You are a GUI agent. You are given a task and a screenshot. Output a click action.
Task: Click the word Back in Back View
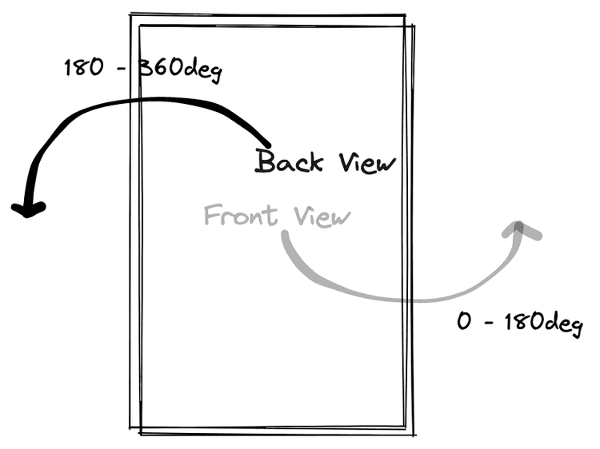click(289, 161)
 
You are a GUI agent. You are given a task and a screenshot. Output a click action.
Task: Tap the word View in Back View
click(367, 163)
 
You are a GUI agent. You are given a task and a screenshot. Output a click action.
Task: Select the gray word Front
click(241, 215)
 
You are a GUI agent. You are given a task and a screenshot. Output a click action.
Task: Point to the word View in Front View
click(322, 217)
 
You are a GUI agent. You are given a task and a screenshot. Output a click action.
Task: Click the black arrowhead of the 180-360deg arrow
click(28, 209)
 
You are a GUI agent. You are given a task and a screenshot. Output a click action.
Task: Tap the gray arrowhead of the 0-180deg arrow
click(521, 230)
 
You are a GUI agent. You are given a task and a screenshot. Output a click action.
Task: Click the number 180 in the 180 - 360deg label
click(84, 68)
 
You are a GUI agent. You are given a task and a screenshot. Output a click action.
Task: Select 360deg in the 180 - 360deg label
click(179, 70)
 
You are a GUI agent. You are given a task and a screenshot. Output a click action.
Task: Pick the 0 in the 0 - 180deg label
click(464, 320)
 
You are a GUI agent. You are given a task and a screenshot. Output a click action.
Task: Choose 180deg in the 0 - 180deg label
click(543, 324)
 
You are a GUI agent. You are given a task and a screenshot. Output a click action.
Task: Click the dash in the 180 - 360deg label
click(122, 69)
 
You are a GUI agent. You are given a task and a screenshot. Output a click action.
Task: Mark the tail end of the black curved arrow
click(268, 145)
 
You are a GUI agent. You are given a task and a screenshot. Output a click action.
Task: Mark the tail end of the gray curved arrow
click(285, 234)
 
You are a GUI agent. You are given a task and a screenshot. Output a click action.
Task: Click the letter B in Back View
click(265, 161)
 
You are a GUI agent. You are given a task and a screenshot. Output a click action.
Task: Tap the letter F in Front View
click(213, 214)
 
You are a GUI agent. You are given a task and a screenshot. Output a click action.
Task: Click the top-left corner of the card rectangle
click(131, 15)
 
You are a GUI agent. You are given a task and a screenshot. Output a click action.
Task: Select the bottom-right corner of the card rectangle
click(414, 434)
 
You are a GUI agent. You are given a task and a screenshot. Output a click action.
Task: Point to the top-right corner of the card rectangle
click(405, 15)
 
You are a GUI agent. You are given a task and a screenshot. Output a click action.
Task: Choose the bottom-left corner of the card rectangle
click(131, 428)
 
